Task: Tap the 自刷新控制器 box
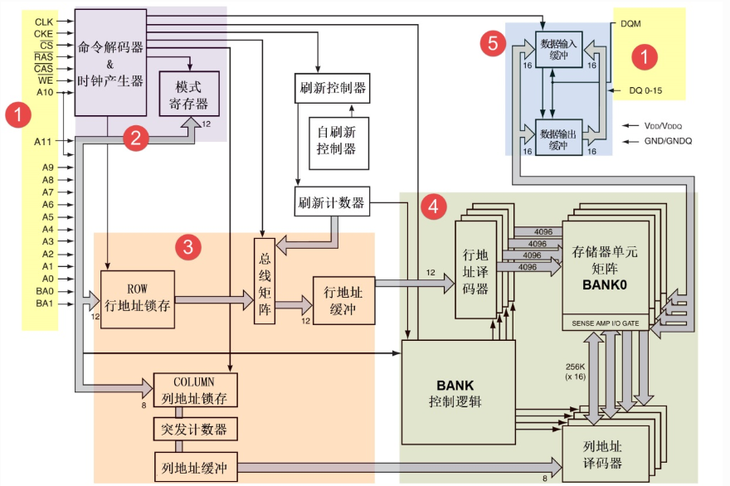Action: [337, 142]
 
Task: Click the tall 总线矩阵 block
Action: [264, 281]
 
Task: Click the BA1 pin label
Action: [44, 304]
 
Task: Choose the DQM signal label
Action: [632, 24]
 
